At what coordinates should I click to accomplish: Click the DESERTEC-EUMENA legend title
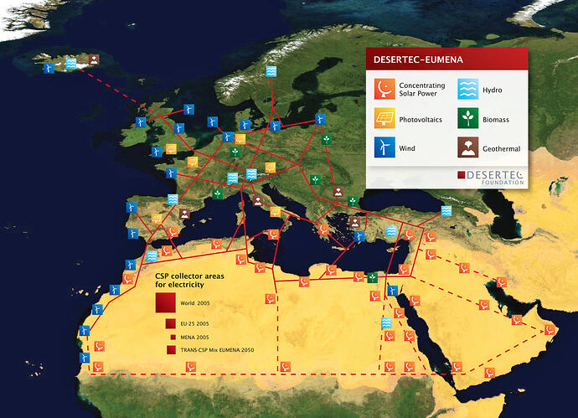click(416, 60)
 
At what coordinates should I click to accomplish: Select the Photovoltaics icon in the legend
click(383, 119)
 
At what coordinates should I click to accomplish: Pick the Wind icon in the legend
click(383, 148)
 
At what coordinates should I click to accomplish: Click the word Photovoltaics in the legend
click(423, 119)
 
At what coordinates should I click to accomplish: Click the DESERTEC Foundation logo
click(490, 177)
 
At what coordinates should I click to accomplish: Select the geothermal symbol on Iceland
click(94, 59)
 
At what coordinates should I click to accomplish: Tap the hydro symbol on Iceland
click(74, 62)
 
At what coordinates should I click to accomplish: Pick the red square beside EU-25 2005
click(168, 323)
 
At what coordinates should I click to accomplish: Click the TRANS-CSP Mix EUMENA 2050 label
click(216, 349)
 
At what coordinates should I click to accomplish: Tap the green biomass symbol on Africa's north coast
click(371, 276)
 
